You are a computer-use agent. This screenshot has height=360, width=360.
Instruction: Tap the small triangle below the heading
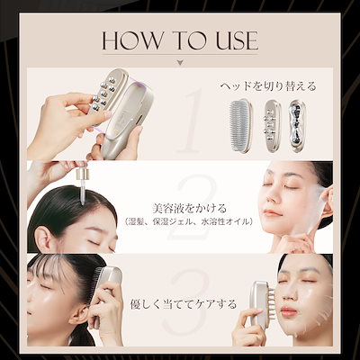[179, 63]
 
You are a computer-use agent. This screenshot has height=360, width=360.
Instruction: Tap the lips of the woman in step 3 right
[288, 311]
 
